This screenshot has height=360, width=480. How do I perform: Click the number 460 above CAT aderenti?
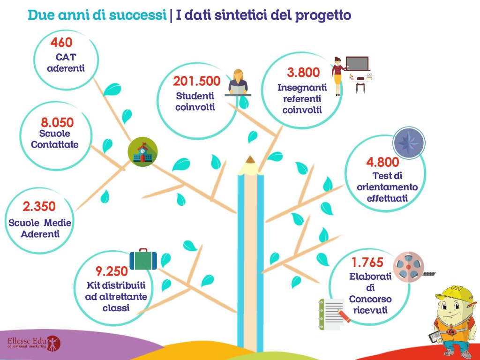click(x=61, y=43)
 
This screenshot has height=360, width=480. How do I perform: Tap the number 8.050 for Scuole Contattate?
click(x=57, y=123)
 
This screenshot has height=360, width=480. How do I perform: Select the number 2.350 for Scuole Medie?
click(x=39, y=206)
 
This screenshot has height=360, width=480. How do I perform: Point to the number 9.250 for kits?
click(x=112, y=271)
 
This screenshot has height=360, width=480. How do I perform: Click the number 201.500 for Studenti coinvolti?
click(x=196, y=81)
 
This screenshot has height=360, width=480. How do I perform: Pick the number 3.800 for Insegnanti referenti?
click(x=303, y=73)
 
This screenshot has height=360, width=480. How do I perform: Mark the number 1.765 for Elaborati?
click(x=367, y=262)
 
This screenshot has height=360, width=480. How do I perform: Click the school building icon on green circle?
click(x=143, y=152)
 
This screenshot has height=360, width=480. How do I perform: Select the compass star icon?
click(x=408, y=142)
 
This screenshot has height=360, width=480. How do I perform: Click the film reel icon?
click(x=405, y=266)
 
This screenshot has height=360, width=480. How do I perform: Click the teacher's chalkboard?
click(x=357, y=63)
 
